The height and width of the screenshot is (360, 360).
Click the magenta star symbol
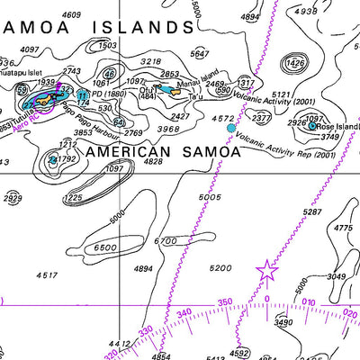tap(267, 269)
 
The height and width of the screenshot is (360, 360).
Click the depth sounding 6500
tap(105, 247)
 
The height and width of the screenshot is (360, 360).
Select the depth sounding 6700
tap(166, 241)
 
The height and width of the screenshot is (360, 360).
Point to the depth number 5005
tap(209, 196)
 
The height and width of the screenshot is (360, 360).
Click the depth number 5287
tap(312, 211)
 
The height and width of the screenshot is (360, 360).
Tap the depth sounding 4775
tap(343, 229)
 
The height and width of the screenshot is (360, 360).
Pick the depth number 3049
tap(336, 277)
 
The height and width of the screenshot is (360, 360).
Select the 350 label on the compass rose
tap(225, 302)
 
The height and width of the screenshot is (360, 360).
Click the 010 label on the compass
tap(308, 301)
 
